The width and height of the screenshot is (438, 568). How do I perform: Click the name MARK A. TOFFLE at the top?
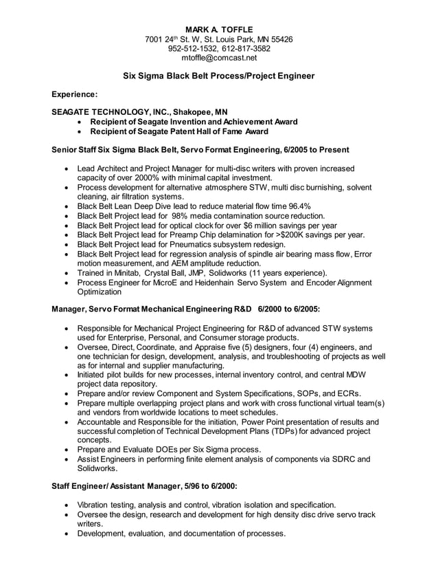[218, 30]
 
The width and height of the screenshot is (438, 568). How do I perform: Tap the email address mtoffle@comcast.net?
[218, 58]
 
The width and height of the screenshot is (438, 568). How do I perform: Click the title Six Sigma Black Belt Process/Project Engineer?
[218, 76]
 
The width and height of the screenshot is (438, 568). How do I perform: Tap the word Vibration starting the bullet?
[97, 505]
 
